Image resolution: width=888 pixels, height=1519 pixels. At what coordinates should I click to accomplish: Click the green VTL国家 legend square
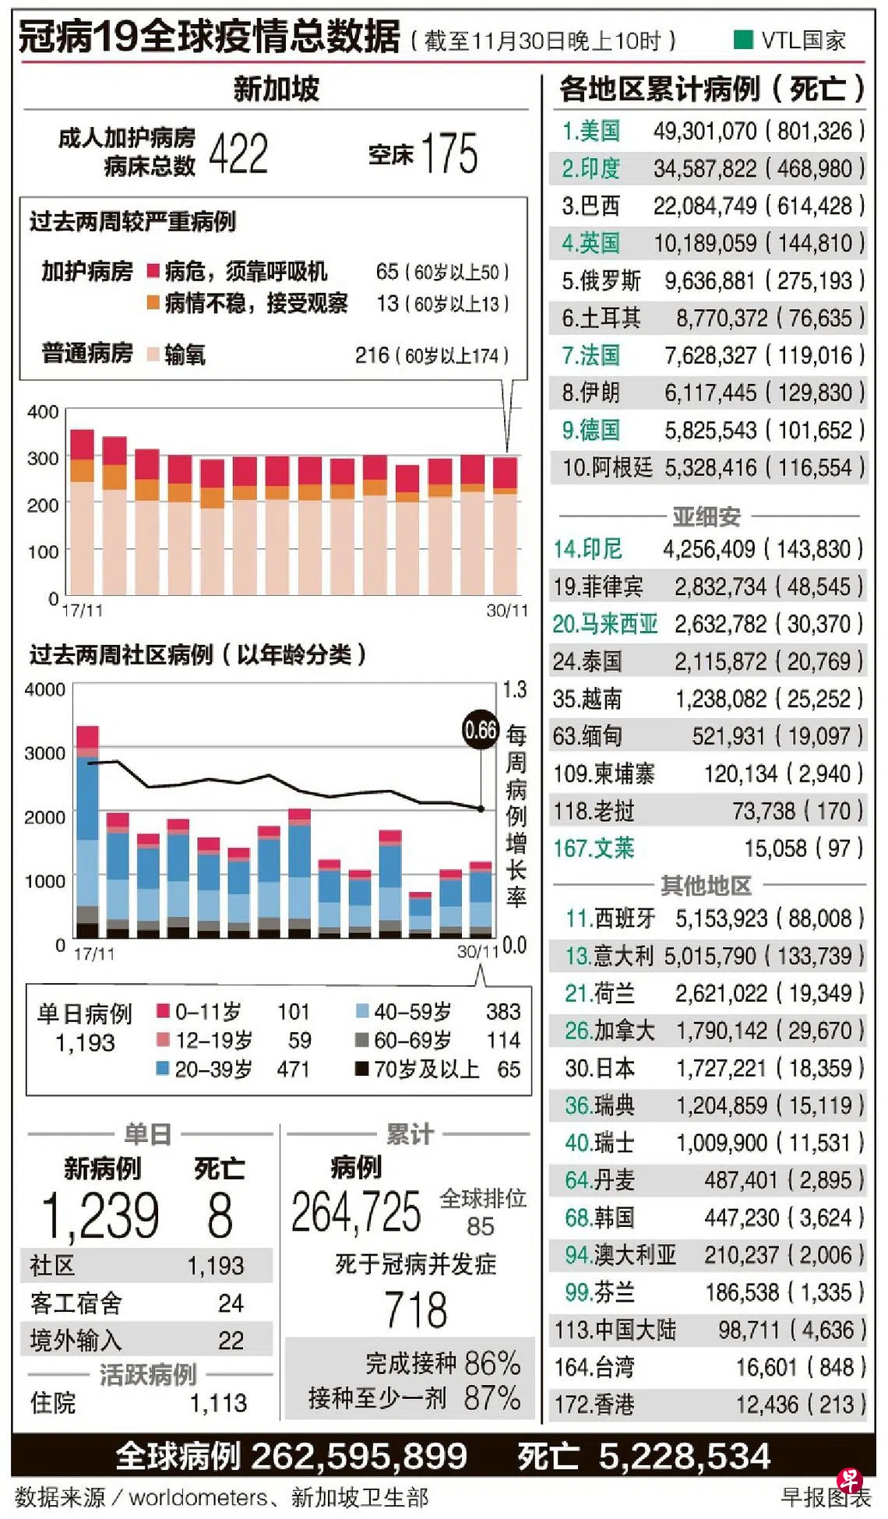coord(743,39)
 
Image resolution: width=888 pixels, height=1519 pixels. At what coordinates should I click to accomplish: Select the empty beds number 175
coord(449,153)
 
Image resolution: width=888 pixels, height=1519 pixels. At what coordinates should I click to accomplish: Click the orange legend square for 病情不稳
coord(153,302)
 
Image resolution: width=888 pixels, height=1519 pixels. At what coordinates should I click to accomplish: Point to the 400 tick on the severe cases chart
coord(43,411)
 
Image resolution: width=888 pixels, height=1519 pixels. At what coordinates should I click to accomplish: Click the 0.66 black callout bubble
coord(481,730)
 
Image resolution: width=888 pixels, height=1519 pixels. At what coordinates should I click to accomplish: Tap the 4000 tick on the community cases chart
coord(44,689)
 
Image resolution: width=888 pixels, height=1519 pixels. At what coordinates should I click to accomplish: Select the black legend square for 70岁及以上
coord(361,1069)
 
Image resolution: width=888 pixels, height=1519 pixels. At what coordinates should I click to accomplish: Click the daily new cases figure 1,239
coord(100,1215)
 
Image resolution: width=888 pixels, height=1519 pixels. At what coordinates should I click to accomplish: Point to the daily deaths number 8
coord(220,1215)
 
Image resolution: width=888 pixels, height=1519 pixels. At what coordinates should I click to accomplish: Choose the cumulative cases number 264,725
coord(356,1213)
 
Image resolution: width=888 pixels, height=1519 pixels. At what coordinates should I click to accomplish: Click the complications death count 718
coord(416,1309)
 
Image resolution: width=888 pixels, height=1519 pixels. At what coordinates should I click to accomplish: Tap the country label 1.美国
coord(591,131)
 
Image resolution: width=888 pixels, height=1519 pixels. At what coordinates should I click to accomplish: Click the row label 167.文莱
coord(594,848)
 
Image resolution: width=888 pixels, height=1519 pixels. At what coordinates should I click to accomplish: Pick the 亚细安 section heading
coord(707,516)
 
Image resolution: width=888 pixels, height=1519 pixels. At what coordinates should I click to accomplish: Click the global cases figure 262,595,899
coord(359,1456)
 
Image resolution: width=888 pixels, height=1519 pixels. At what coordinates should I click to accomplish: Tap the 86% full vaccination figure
coord(492,1363)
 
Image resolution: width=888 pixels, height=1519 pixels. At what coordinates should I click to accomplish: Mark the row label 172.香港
coord(594,1404)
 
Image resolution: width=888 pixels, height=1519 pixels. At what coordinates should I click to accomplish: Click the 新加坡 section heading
coord(277,89)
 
